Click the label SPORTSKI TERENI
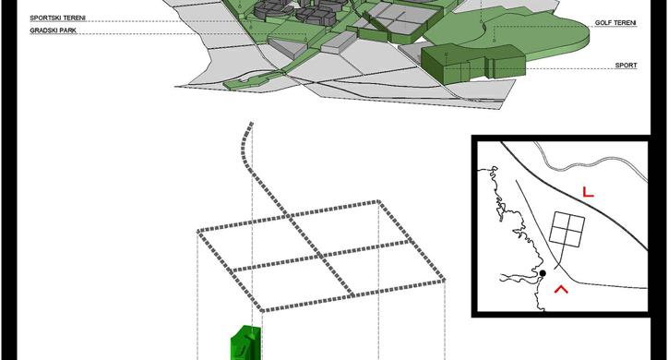point(57,17)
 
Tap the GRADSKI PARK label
point(53,30)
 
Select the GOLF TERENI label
point(616,21)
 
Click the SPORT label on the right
point(626,66)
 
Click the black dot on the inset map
point(543,273)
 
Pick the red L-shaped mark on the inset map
point(587,192)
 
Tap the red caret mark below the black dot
point(559,289)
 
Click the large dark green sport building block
point(471,63)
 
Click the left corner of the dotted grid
point(198,229)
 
